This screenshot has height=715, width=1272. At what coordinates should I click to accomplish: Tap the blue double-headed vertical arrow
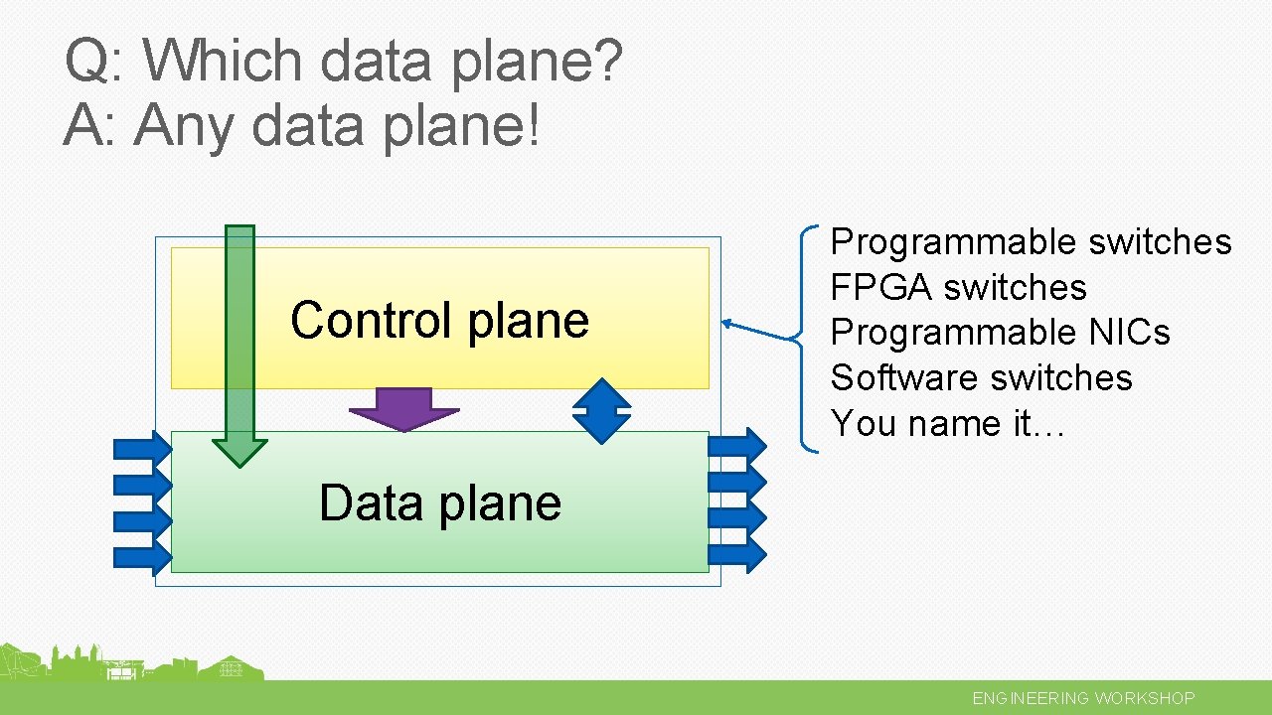[602, 410]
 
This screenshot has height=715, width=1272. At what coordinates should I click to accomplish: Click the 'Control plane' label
[439, 320]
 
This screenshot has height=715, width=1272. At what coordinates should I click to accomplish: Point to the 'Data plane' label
[439, 502]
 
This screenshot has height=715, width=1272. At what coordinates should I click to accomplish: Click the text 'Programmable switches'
[1031, 242]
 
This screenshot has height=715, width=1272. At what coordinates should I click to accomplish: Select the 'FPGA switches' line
[958, 288]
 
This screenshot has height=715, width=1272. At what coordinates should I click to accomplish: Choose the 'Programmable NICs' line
[1000, 333]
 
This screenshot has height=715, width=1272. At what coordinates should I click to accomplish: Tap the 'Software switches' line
[981, 378]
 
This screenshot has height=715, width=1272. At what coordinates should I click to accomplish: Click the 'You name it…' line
[948, 424]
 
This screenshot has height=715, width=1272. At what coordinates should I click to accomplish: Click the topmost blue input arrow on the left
[142, 448]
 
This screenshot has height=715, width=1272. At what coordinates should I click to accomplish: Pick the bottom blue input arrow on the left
[142, 555]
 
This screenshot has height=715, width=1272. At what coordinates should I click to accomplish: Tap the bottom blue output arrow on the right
[737, 554]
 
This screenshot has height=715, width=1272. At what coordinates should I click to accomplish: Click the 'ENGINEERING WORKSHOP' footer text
[1083, 698]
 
